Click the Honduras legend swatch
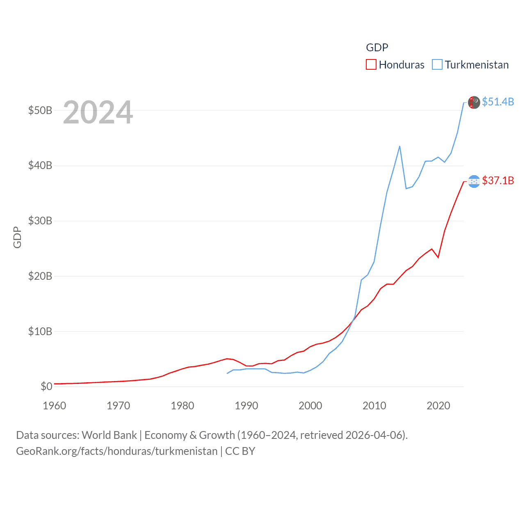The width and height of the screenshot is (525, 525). click(x=371, y=65)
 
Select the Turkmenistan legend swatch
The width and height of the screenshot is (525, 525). click(x=437, y=65)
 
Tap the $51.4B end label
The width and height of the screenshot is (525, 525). click(x=498, y=102)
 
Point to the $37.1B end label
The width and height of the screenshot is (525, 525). click(x=498, y=180)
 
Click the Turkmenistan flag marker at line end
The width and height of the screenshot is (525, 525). click(x=474, y=102)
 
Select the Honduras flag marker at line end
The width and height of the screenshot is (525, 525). click(x=474, y=181)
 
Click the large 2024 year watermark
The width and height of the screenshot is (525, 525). click(x=98, y=112)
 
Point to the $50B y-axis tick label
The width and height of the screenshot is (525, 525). click(x=40, y=111)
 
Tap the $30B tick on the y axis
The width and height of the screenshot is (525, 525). click(x=40, y=221)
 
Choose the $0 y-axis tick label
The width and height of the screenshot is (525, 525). click(x=46, y=386)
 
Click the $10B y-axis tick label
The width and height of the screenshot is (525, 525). click(x=40, y=331)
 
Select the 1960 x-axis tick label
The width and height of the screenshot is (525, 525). click(x=54, y=406)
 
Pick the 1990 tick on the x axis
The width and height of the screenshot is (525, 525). click(x=246, y=406)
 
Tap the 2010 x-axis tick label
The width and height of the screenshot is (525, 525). click(x=374, y=406)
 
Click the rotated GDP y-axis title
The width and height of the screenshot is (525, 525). click(x=17, y=237)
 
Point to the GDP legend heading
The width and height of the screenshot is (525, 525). click(x=377, y=48)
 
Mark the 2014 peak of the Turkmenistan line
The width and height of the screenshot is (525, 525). click(x=399, y=146)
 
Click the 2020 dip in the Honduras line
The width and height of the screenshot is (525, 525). click(x=438, y=257)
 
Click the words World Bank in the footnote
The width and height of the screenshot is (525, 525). click(x=109, y=435)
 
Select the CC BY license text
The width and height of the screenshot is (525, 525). click(x=240, y=451)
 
